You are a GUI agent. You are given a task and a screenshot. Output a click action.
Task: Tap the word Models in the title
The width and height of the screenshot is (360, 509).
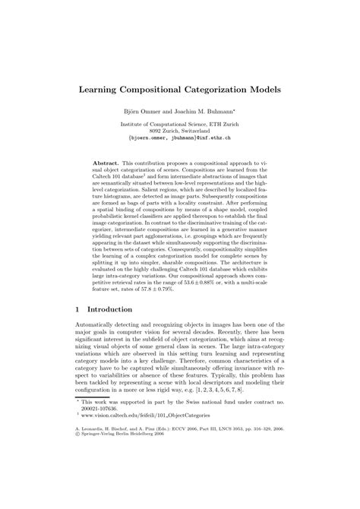[x=261, y=89]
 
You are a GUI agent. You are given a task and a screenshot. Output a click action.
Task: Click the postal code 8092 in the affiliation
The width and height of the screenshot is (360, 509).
[x=152, y=130]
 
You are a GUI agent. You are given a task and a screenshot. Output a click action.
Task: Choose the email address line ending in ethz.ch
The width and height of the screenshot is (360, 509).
[x=181, y=138]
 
